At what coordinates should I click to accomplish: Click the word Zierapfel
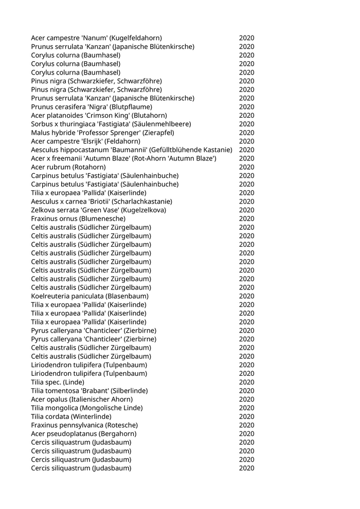coord(158,133)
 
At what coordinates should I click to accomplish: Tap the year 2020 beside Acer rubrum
coord(246,167)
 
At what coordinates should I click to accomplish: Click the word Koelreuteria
coord(50,296)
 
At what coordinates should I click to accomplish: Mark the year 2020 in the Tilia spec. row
coord(246,382)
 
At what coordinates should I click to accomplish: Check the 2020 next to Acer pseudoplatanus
coord(246,434)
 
